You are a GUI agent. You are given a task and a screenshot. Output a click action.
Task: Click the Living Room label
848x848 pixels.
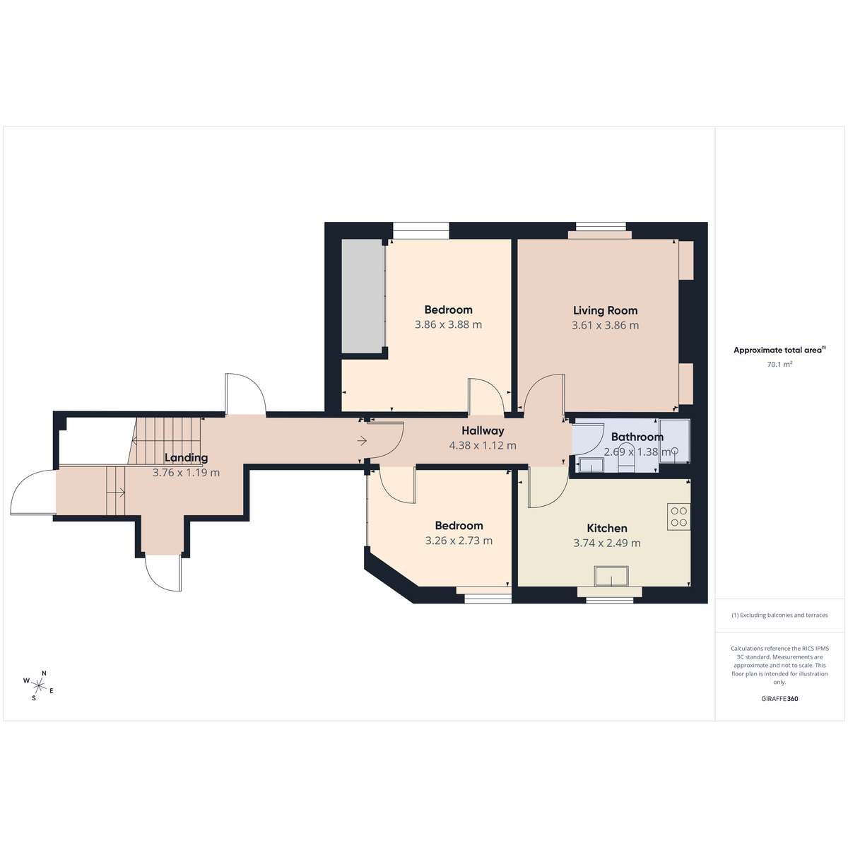(605, 310)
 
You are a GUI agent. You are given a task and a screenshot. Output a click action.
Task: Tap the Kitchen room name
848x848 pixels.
(607, 528)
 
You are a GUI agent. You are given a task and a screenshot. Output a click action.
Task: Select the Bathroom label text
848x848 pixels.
(637, 437)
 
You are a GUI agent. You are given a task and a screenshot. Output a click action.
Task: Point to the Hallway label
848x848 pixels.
(483, 430)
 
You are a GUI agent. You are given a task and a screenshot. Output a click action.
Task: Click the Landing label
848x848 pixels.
(186, 458)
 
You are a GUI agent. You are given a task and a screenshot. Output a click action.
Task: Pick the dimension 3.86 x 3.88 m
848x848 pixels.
(449, 325)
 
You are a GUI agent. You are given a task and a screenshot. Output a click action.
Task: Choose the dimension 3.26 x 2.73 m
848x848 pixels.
(459, 541)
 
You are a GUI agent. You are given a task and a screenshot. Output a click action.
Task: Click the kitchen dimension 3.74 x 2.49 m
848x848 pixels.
(607, 543)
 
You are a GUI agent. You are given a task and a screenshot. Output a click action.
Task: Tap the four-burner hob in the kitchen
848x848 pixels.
(678, 517)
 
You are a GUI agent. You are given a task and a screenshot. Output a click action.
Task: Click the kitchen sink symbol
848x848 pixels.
(612, 577)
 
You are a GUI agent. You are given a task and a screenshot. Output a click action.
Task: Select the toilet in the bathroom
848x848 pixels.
(626, 459)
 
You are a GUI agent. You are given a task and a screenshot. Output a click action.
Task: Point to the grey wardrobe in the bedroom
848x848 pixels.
(362, 295)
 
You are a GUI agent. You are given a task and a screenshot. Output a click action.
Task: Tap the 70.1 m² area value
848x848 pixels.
(779, 365)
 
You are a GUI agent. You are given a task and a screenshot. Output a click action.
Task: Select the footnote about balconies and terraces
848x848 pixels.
(779, 616)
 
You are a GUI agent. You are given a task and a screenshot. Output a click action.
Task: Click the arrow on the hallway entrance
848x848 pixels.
(363, 440)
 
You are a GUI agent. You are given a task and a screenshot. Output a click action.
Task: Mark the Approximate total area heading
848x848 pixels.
(779, 351)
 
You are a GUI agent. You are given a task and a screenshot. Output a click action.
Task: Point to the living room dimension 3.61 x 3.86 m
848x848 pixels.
(605, 325)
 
